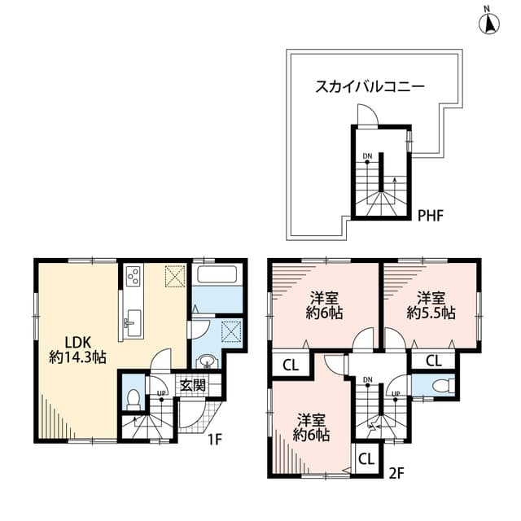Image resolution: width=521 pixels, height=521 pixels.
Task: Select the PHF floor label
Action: click(430, 216)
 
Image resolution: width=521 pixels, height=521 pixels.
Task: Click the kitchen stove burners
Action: click(133, 278)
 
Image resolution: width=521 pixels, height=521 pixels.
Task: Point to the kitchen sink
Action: click(131, 324)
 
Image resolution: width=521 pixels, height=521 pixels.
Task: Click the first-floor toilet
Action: click(134, 399)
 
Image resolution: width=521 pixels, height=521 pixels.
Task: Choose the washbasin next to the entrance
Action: click(206, 361)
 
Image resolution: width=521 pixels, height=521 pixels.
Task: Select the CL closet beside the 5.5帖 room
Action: click(434, 361)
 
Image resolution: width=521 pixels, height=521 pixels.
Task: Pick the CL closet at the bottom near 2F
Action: click(366, 459)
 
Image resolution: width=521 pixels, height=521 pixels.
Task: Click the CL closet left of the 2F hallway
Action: click(291, 366)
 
